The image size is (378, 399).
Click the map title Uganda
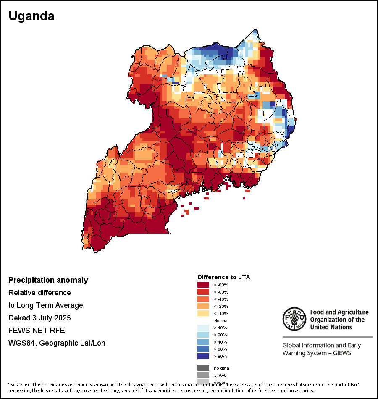tap(31, 16)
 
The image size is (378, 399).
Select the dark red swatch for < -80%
tap(203, 285)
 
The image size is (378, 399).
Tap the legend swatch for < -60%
tap(203, 292)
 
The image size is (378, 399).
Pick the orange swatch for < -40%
tap(203, 299)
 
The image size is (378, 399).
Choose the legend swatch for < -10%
tap(203, 313)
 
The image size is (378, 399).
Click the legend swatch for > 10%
tap(203, 328)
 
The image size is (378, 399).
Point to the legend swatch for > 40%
tap(203, 342)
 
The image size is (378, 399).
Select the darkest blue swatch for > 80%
tap(203, 356)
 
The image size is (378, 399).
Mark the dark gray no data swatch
tap(203, 368)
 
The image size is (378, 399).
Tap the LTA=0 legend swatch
tap(203, 375)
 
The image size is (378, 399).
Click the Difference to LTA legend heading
tap(223, 277)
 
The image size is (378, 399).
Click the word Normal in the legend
tap(221, 320)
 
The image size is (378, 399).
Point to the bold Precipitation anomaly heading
tap(48, 280)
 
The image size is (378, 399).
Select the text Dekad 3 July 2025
tap(39, 318)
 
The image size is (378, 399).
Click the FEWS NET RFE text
tap(37, 330)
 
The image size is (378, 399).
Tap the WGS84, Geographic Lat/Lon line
tap(57, 343)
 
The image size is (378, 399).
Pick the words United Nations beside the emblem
tap(331, 327)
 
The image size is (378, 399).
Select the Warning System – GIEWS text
tap(316, 353)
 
